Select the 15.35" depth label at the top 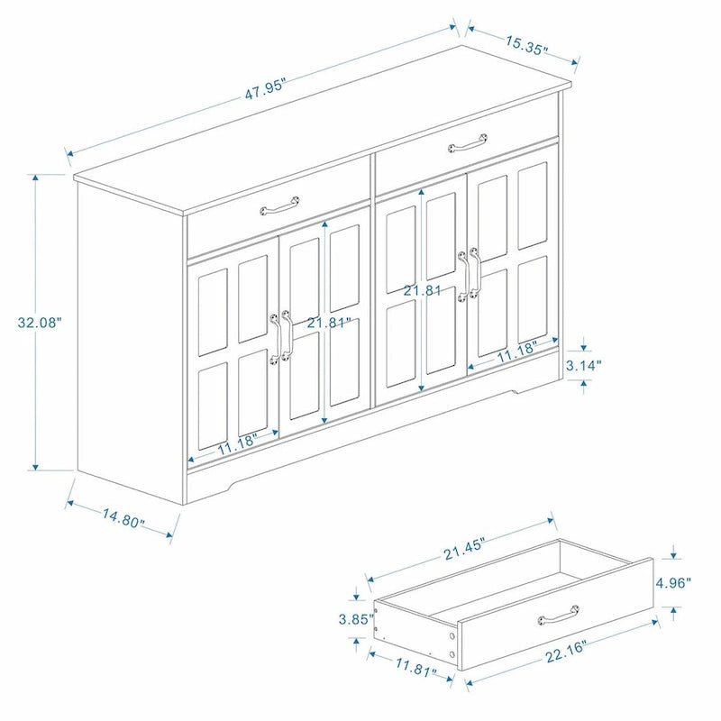coord(526,46)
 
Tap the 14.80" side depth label coord(123,520)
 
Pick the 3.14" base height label coord(585,366)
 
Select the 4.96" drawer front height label coord(673,582)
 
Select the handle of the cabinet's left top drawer coord(278,208)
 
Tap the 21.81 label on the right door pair coord(423,290)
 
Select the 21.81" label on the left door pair coord(327,323)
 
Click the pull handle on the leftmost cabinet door coord(274,338)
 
